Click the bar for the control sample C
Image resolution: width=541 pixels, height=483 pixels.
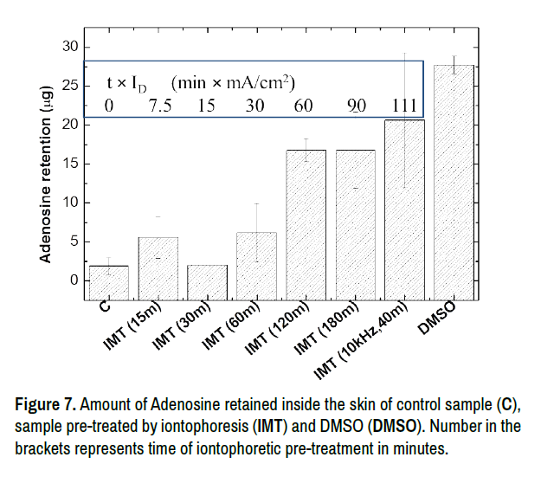[109, 282]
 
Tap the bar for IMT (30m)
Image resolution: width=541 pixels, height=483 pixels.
[207, 282]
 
